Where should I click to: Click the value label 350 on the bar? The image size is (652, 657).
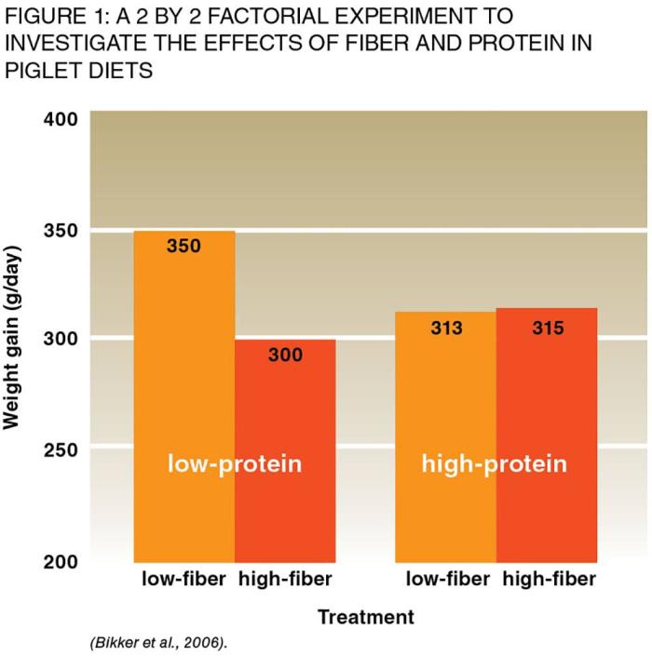point(184,247)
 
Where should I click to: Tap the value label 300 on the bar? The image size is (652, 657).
point(285,355)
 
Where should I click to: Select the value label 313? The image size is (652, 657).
point(446,328)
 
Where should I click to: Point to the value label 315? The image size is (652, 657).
point(548,328)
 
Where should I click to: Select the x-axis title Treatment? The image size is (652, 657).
point(365,616)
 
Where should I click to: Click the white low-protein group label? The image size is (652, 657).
point(235,463)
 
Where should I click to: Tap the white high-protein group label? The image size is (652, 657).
point(495,463)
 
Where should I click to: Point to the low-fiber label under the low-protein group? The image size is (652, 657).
point(183,580)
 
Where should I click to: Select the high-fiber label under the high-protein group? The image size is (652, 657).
point(549,580)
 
